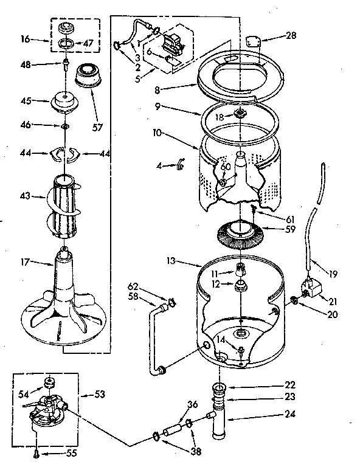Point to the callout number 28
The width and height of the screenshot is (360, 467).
coord(291,36)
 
